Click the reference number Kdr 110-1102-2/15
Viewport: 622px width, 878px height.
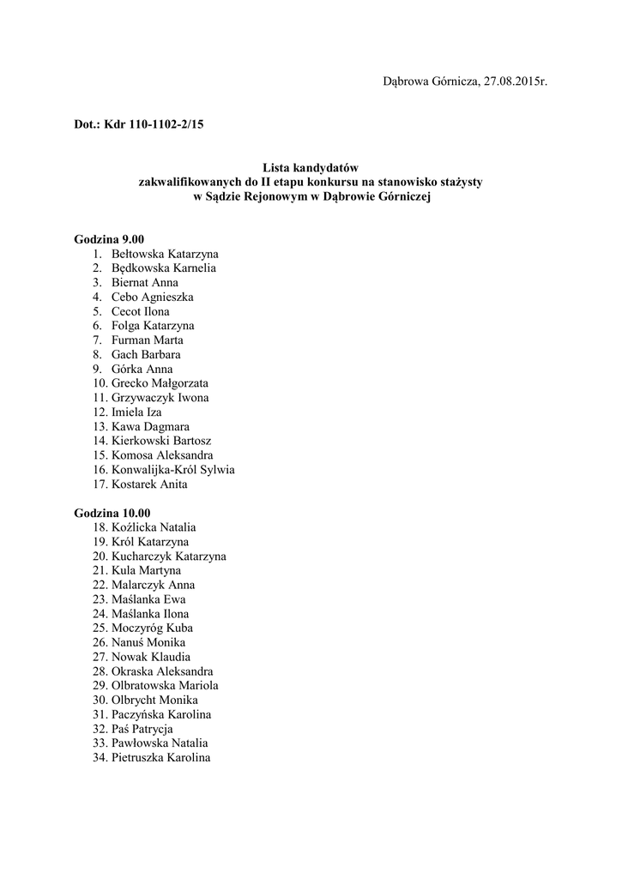point(154,124)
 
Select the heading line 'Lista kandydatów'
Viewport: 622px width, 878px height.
point(311,168)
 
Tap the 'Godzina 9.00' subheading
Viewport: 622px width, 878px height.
point(109,239)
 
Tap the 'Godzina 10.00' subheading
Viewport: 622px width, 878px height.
point(112,513)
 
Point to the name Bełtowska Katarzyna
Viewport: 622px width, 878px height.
point(164,254)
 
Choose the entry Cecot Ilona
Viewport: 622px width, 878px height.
point(140,311)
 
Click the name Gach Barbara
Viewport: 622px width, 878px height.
point(146,354)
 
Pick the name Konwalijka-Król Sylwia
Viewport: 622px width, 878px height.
point(172,470)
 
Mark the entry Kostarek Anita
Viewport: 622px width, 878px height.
point(149,484)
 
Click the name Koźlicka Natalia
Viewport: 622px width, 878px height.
point(154,527)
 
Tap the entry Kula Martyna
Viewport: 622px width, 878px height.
point(146,570)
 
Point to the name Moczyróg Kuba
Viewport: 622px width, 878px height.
point(152,628)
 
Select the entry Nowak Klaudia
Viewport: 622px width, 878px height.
point(151,657)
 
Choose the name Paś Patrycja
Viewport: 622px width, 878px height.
point(142,729)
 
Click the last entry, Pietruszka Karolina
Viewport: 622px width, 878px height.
point(160,758)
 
